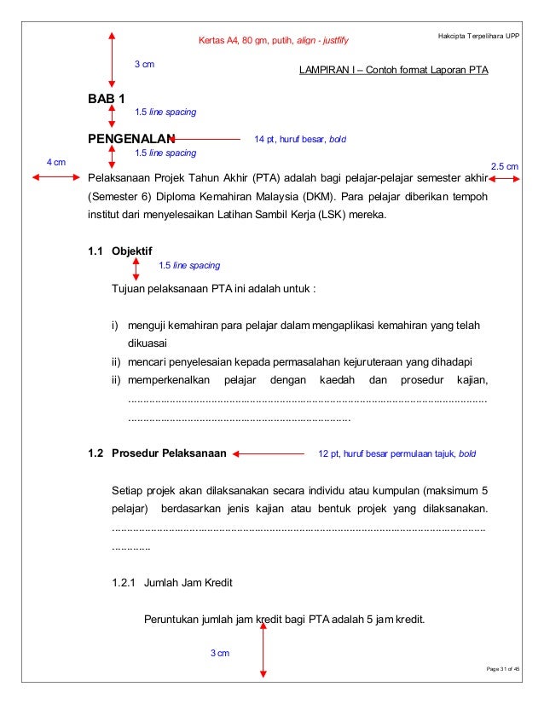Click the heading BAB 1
(x=107, y=100)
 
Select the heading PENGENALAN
(x=130, y=138)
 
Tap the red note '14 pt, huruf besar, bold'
(x=300, y=138)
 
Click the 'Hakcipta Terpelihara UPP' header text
(x=477, y=37)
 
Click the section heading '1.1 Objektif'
(x=120, y=251)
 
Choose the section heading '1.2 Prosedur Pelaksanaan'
(x=157, y=454)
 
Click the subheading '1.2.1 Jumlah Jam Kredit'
(x=166, y=582)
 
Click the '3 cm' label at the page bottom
(x=220, y=653)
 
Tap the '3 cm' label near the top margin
(x=144, y=64)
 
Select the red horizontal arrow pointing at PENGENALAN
(x=206, y=138)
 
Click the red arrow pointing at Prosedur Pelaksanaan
(x=268, y=454)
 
